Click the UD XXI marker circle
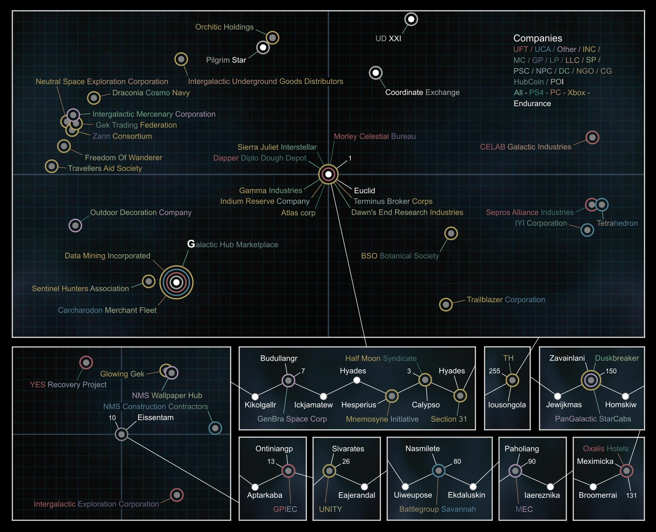pyautogui.click(x=411, y=19)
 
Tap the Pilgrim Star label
pyautogui.click(x=226, y=60)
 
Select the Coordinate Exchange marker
pyautogui.click(x=376, y=73)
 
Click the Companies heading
pyautogui.click(x=537, y=38)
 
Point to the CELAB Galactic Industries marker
pyautogui.click(x=592, y=137)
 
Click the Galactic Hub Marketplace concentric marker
pyautogui.click(x=176, y=282)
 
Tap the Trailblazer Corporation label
pyautogui.click(x=505, y=300)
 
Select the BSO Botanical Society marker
pyautogui.click(x=451, y=234)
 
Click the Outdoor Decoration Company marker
pyautogui.click(x=75, y=226)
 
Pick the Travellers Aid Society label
pyautogui.click(x=105, y=168)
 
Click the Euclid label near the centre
pyautogui.click(x=364, y=190)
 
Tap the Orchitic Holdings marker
pyautogui.click(x=272, y=37)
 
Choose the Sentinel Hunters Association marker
pyautogui.click(x=149, y=281)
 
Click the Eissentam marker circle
pyautogui.click(x=122, y=434)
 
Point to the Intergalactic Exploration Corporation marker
pyautogui.click(x=177, y=495)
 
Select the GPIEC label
pyautogui.click(x=285, y=509)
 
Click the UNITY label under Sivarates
pyautogui.click(x=330, y=509)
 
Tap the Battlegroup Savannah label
pyautogui.click(x=437, y=509)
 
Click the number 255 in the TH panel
pyautogui.click(x=494, y=371)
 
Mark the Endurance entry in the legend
pyautogui.click(x=532, y=103)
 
